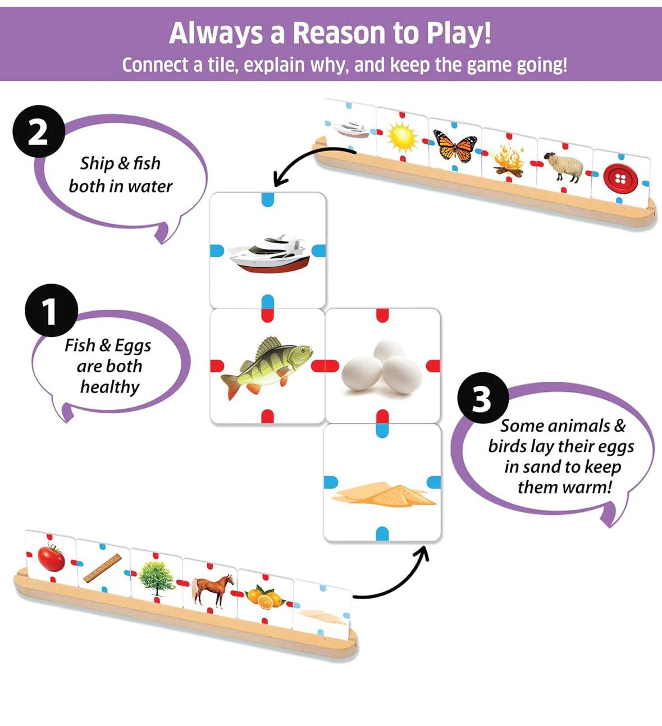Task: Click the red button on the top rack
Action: pyautogui.click(x=620, y=178)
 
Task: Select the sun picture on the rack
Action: pyautogui.click(x=402, y=138)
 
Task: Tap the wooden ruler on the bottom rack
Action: pyautogui.click(x=103, y=568)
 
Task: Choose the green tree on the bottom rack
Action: pyautogui.click(x=157, y=578)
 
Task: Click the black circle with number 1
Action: pyautogui.click(x=52, y=310)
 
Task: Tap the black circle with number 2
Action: pyautogui.click(x=39, y=131)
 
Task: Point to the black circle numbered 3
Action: pyautogui.click(x=483, y=398)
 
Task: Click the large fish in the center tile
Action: pyautogui.click(x=267, y=367)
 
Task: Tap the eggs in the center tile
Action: pyautogui.click(x=382, y=366)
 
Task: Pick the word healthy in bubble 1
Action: pyautogui.click(x=109, y=387)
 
